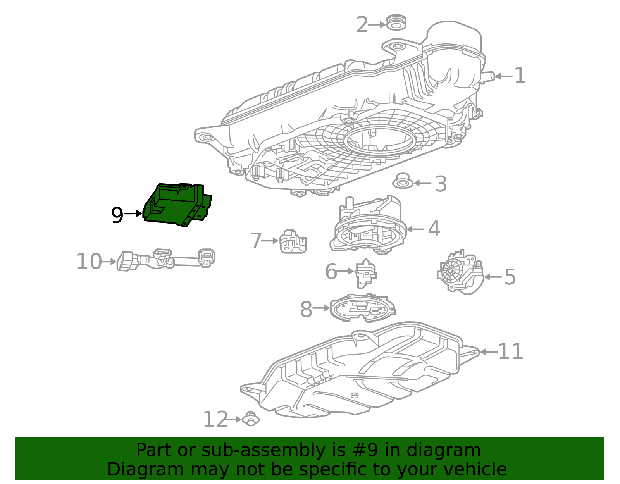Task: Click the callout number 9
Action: coord(117,215)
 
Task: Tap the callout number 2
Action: coord(362,25)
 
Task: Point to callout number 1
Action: coord(520,76)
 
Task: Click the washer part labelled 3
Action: coord(403,182)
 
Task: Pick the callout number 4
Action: coord(434,229)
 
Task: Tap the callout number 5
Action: coord(510,277)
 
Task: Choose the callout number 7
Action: coord(256,241)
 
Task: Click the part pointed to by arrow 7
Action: coord(293,242)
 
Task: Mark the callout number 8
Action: coord(306,310)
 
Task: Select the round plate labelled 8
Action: coord(362,308)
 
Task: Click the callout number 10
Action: coord(89,262)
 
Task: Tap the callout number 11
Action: coord(510,351)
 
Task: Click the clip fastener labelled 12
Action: coord(251,419)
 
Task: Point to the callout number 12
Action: coord(215,420)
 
